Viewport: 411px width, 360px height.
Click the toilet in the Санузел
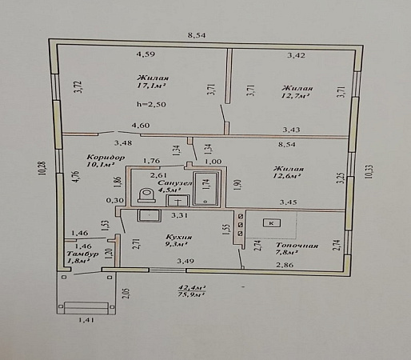[147, 195]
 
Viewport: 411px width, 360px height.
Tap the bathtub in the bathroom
[206, 189]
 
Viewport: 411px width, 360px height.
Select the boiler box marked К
[272, 223]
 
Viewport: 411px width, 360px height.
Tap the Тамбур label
[82, 254]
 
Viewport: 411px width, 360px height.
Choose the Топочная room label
[297, 246]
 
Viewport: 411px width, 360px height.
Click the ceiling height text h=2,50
[151, 104]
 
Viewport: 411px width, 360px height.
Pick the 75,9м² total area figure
[192, 294]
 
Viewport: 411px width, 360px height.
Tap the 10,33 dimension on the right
[369, 172]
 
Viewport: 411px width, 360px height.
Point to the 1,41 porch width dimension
[86, 319]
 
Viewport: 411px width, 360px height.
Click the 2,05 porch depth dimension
[127, 293]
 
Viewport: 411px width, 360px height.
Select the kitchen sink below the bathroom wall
[150, 215]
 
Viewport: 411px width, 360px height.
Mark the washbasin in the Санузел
[178, 201]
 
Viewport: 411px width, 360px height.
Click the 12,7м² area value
[296, 96]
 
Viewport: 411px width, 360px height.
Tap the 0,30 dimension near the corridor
[115, 200]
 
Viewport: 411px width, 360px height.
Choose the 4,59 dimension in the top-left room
[146, 54]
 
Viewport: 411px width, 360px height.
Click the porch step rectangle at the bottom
[87, 308]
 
